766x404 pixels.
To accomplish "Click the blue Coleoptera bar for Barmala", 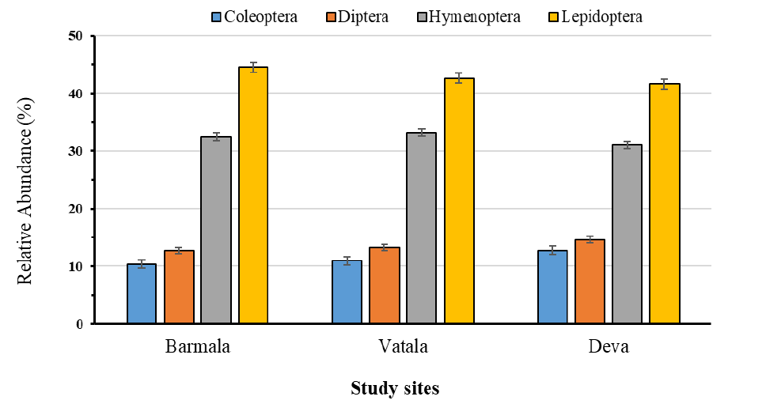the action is click(142, 294).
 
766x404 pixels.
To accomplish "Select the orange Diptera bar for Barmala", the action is click(179, 287).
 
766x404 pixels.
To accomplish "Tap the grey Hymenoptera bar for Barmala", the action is click(216, 230).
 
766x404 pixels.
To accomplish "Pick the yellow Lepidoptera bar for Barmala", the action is click(253, 195).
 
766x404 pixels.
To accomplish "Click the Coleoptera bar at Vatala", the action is click(347, 292).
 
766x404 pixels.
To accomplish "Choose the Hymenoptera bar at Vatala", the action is click(422, 228).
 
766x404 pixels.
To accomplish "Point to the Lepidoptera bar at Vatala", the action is click(459, 201).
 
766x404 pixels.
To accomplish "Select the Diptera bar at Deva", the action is click(590, 281).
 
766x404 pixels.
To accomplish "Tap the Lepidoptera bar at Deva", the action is click(665, 203).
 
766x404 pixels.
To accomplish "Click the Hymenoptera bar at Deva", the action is click(627, 234).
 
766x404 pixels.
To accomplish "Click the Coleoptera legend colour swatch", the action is click(216, 17).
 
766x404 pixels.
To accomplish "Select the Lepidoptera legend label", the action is click(602, 17).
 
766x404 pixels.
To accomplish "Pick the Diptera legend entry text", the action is click(363, 17).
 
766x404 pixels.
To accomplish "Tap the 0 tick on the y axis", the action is click(80, 324).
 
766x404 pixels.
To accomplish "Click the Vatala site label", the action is click(403, 346).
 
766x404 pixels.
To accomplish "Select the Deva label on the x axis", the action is click(609, 346).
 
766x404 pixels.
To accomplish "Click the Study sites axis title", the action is click(395, 388).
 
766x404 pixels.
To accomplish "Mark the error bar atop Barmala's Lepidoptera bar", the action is click(253, 67).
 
